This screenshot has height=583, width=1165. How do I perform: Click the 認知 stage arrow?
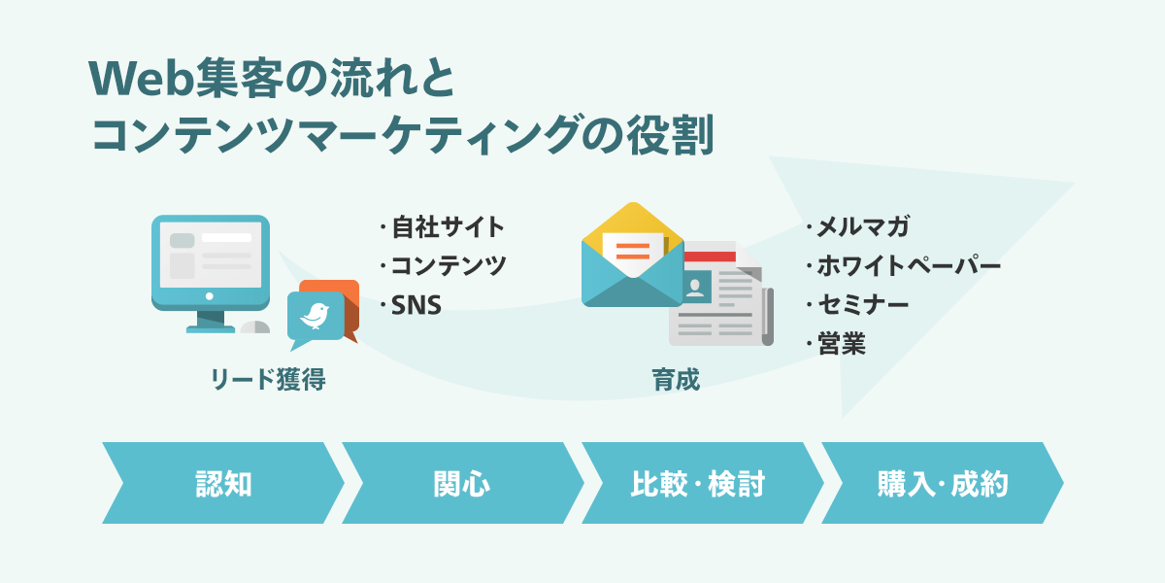click(222, 483)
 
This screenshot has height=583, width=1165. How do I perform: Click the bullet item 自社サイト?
click(448, 228)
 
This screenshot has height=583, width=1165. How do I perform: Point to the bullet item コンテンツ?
click(449, 266)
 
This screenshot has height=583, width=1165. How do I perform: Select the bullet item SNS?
click(416, 305)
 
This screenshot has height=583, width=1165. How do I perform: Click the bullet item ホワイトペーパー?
click(908, 266)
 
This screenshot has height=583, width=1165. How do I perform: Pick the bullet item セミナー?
click(862, 305)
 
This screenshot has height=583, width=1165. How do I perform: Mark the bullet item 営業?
click(841, 343)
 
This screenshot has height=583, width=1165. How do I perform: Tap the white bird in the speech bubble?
click(316, 314)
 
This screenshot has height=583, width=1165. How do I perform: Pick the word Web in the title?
click(131, 79)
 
